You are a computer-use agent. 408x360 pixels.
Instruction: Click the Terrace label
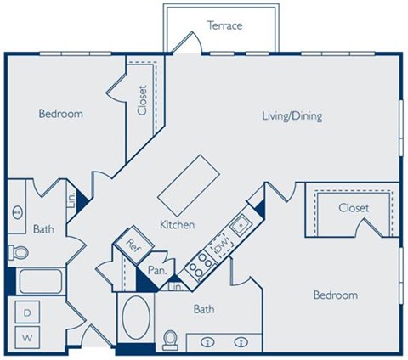click(224, 25)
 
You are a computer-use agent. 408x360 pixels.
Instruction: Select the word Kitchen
click(178, 225)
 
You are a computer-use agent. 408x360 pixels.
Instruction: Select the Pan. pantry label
click(156, 270)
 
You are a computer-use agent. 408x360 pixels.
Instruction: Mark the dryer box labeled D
click(27, 313)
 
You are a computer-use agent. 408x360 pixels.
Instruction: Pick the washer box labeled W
click(27, 337)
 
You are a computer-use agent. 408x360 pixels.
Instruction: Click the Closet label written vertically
click(142, 99)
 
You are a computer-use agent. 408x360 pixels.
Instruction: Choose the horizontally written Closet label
click(354, 207)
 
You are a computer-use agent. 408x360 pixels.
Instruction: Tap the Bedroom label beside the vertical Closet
click(61, 114)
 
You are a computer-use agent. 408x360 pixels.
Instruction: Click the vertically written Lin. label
click(73, 200)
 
